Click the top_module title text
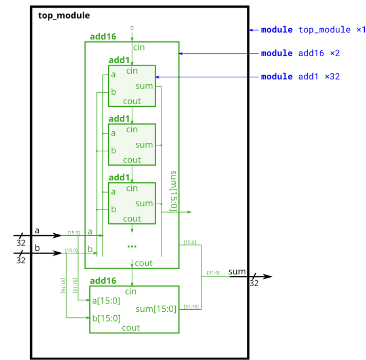point(64,16)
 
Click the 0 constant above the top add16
point(132,28)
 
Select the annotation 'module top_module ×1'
point(312,30)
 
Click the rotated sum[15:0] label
point(173,191)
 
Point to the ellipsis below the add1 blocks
point(132,245)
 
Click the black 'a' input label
point(37,231)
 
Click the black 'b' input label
point(37,248)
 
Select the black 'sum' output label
point(237,271)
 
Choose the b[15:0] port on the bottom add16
point(106,318)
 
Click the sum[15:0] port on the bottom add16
point(156,309)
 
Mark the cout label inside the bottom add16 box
point(131,327)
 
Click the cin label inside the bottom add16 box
point(131,292)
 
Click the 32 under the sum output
point(254,284)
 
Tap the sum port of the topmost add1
point(144,86)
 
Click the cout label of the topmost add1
point(132,101)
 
